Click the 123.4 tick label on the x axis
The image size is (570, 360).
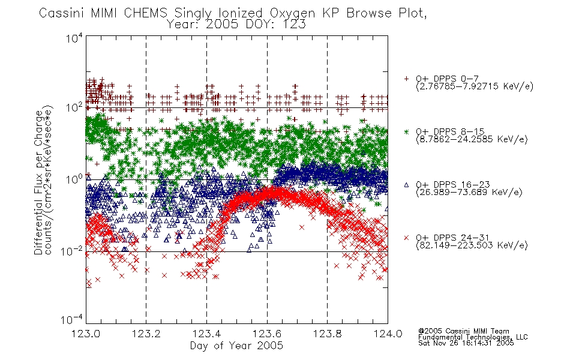coord(206,334)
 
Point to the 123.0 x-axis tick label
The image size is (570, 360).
coord(86,334)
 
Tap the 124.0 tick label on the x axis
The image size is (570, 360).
coord(388,334)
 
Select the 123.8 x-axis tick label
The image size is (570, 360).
coord(327,334)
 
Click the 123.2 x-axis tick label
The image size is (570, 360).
coord(146,334)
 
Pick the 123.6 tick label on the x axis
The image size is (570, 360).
coord(267,334)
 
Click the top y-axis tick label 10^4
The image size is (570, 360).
coord(74,38)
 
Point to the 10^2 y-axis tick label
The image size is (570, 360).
coord(74,107)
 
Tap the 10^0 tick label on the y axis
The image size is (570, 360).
coord(74,179)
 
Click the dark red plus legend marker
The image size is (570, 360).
coord(406,79)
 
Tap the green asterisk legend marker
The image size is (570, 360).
coord(406,131)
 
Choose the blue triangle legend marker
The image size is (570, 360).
coord(406,185)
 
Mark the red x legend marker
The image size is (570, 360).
coord(406,238)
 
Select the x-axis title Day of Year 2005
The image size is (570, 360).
coord(236,346)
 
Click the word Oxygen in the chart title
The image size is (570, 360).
coord(292,13)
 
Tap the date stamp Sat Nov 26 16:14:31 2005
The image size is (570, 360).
coord(466,343)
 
